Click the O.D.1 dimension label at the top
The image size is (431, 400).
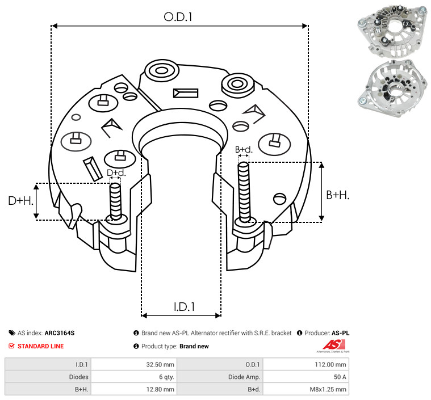[x=178, y=17]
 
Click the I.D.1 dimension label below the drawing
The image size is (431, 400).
[x=184, y=306]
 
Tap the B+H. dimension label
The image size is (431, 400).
[x=337, y=195]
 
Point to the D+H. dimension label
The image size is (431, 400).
[x=20, y=201]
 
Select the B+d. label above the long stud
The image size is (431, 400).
[x=244, y=149]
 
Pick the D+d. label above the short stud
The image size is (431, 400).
[x=116, y=173]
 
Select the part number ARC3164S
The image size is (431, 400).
[x=60, y=333]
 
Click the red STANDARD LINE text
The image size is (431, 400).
[x=41, y=346]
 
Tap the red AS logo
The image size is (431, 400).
[x=334, y=345]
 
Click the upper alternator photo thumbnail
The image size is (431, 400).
[x=392, y=32]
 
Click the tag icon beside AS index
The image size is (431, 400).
[x=12, y=333]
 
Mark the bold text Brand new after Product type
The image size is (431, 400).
[x=194, y=346]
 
